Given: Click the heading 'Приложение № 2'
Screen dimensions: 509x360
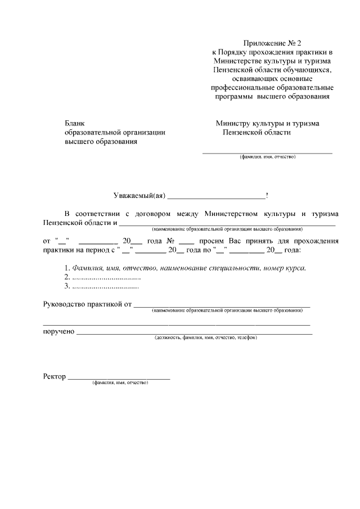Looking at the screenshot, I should pyautogui.click(x=273, y=43).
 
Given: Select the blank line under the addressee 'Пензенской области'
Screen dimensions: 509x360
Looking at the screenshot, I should pyautogui.click(x=267, y=153).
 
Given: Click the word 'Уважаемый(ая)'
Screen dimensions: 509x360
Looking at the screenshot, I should pyautogui.click(x=138, y=196).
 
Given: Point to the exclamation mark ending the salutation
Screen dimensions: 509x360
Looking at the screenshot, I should pyautogui.click(x=267, y=196).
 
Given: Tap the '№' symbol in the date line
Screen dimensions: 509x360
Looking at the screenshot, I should pyautogui.click(x=169, y=241).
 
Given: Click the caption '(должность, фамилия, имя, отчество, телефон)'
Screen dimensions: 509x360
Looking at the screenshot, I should pyautogui.click(x=206, y=338).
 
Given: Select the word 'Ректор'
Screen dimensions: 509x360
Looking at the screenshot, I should pyautogui.click(x=55, y=376).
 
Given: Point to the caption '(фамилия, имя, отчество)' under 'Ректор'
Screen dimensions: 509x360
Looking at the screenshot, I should pyautogui.click(x=120, y=382).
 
